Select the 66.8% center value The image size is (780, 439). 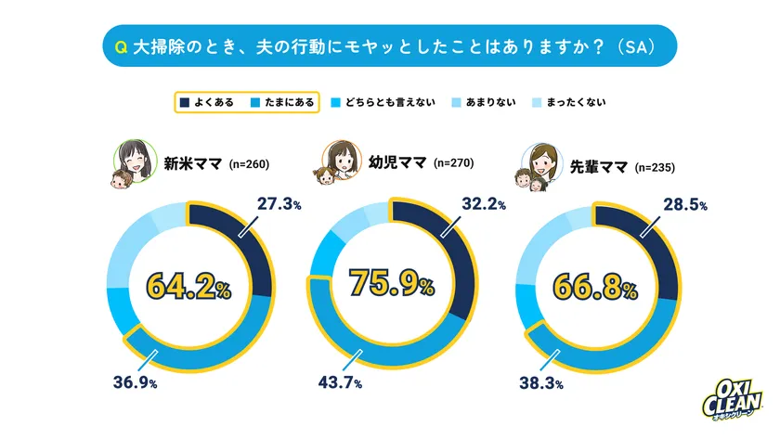pos(596,286)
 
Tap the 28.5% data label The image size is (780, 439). pos(688,200)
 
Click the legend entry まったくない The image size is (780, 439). pos(570,101)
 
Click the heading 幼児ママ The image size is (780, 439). pos(396,162)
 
